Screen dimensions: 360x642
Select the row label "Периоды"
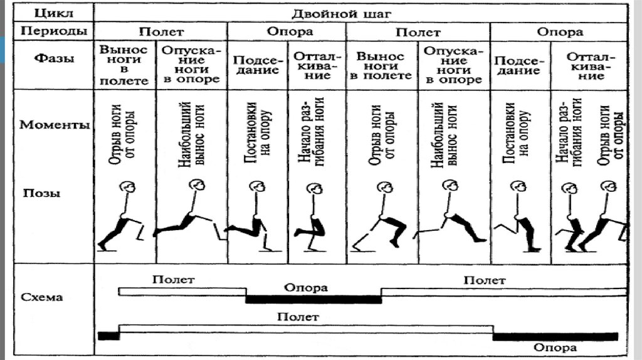(x=48, y=31)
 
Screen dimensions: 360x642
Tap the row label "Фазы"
(x=52, y=59)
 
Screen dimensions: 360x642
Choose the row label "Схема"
(x=43, y=297)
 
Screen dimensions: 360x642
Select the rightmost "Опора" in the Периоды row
(x=560, y=32)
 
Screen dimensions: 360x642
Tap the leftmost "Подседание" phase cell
(x=256, y=65)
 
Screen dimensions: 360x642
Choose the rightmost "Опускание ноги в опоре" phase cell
(x=453, y=64)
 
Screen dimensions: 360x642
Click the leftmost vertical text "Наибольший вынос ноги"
(x=192, y=132)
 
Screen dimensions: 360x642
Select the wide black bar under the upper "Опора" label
(x=313, y=299)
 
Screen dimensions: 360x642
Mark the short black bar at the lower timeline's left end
(x=108, y=336)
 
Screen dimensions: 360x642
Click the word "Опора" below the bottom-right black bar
(x=554, y=347)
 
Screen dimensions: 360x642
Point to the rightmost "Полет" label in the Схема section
(x=484, y=280)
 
